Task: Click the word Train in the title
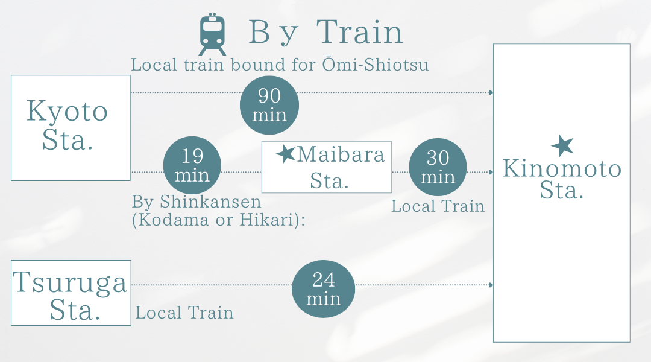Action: pos(360,33)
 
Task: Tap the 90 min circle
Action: pos(269,105)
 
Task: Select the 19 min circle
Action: pos(192,165)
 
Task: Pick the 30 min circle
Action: pos(438,167)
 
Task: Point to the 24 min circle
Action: pos(323,289)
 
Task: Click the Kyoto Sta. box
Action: pos(71,128)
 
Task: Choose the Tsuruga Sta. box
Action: pos(71,293)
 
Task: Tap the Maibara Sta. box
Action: pos(326,167)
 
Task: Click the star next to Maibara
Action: pos(285,155)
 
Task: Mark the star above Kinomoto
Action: pos(562,146)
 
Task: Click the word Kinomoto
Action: pos(562,169)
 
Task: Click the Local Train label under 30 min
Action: pos(438,206)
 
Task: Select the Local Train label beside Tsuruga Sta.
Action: pos(184,313)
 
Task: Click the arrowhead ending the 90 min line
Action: pos(491,92)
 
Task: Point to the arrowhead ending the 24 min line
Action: pos(491,285)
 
